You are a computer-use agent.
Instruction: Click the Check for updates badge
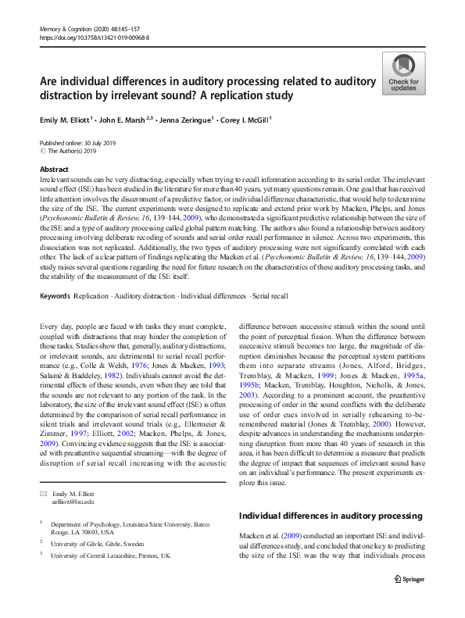tap(403, 73)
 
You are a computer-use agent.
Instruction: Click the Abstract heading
tap(54, 170)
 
